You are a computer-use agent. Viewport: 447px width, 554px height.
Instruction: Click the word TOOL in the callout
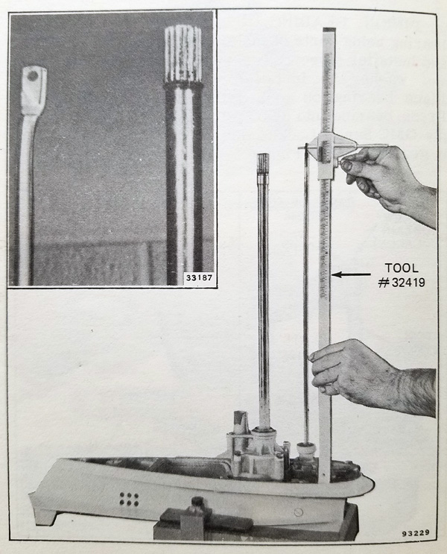point(402,268)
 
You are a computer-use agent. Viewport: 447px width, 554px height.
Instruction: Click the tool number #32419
point(401,283)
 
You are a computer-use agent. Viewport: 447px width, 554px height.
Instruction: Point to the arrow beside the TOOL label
point(351,274)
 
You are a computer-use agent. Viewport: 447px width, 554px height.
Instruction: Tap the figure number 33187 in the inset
point(200,277)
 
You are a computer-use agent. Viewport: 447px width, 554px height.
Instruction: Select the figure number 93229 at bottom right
point(415,532)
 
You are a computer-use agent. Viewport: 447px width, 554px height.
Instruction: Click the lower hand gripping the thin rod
point(371,378)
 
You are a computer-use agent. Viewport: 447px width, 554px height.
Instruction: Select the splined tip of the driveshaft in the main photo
point(262,162)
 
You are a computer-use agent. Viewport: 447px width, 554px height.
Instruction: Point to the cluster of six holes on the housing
point(129,499)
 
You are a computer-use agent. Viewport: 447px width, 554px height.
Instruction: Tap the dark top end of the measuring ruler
point(329,31)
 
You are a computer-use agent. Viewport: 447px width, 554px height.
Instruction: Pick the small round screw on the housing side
point(298,511)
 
